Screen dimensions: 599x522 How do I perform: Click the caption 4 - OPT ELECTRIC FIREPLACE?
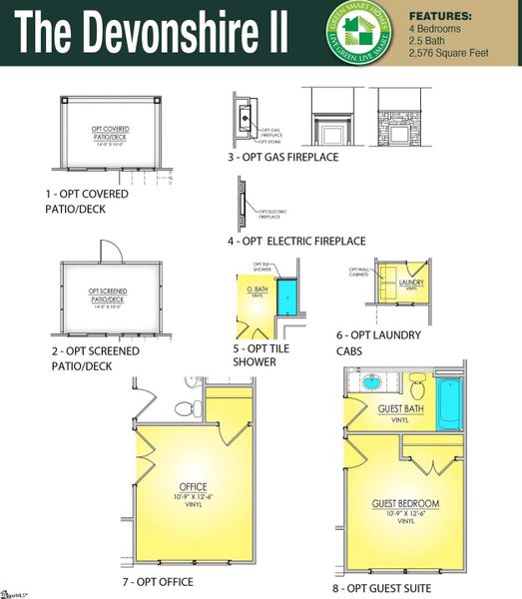(x=295, y=241)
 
